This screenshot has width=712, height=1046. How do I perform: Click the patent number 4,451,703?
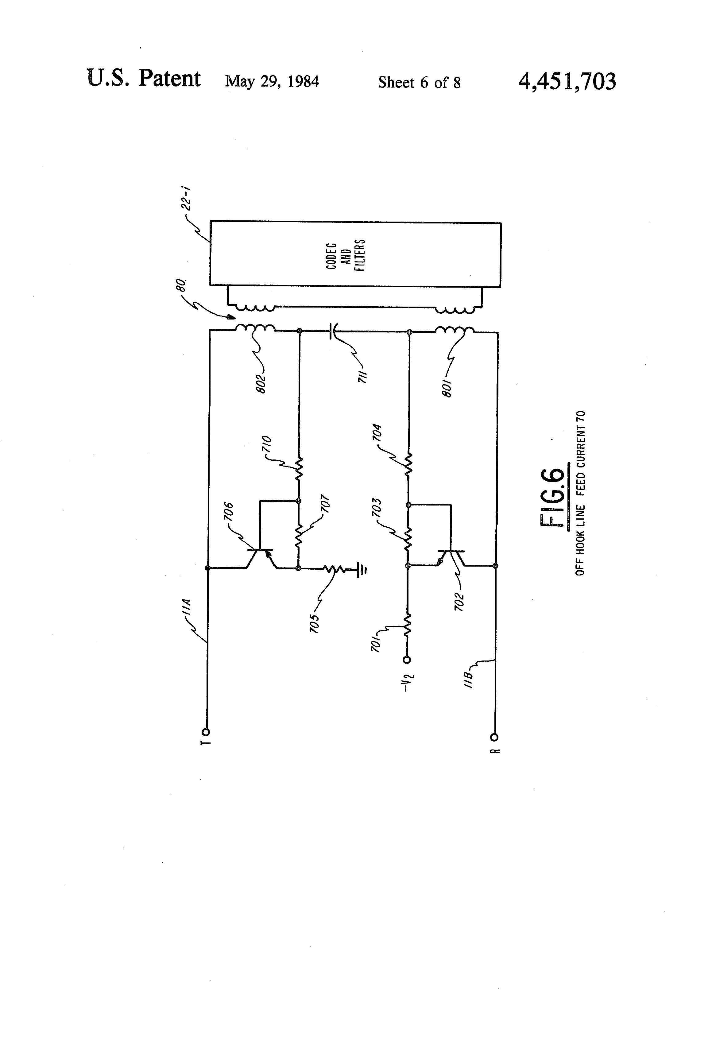567,81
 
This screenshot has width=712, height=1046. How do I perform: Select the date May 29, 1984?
272,81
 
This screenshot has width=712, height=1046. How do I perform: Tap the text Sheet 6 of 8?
419,82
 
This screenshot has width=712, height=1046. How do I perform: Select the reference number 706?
229,512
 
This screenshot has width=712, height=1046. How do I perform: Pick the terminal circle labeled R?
495,737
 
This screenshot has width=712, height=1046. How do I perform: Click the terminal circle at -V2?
407,660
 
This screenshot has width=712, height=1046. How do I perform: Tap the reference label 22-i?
186,199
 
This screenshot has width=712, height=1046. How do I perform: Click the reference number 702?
459,602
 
